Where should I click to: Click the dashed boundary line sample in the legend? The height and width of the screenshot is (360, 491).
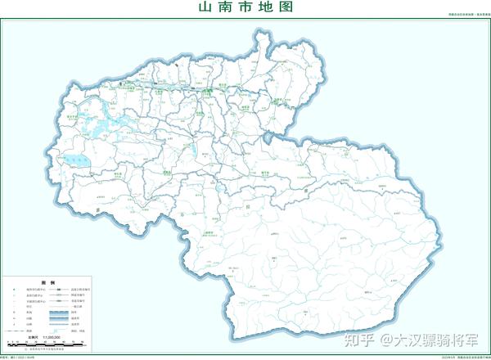[x=13, y=331]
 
